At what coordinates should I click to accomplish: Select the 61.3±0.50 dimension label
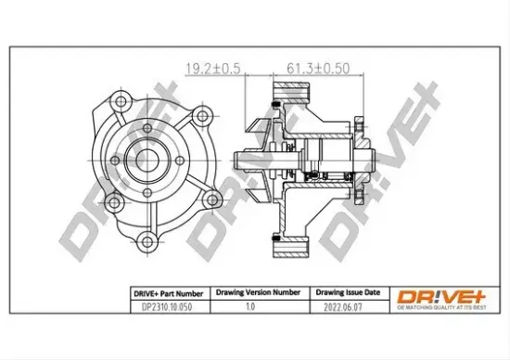click(x=306, y=67)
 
